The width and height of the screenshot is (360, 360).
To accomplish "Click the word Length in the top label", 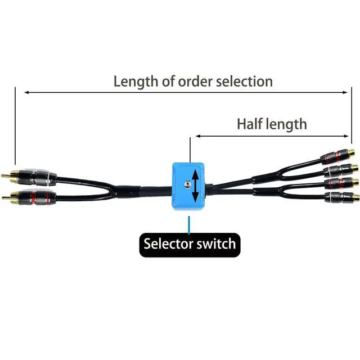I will pyautogui.click(x=135, y=81).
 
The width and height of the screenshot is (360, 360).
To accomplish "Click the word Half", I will pyautogui.click(x=249, y=124).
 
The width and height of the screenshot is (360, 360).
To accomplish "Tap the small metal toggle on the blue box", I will pyautogui.click(x=184, y=182).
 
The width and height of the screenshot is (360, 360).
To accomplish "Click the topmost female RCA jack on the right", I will pyautogui.click(x=336, y=154).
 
